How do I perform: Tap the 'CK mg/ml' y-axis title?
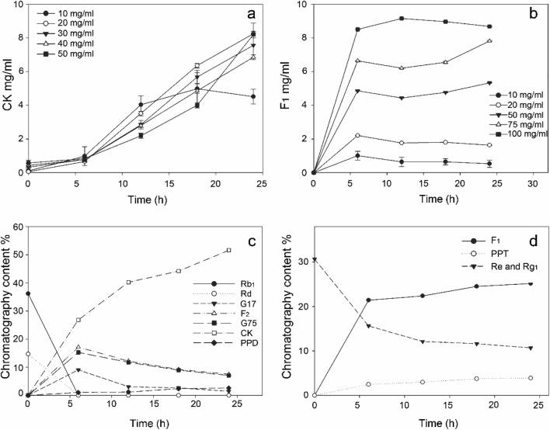(10, 88)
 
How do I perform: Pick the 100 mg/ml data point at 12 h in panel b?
(402, 18)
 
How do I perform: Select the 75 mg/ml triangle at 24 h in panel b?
(489, 41)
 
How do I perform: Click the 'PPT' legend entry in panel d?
(482, 252)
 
